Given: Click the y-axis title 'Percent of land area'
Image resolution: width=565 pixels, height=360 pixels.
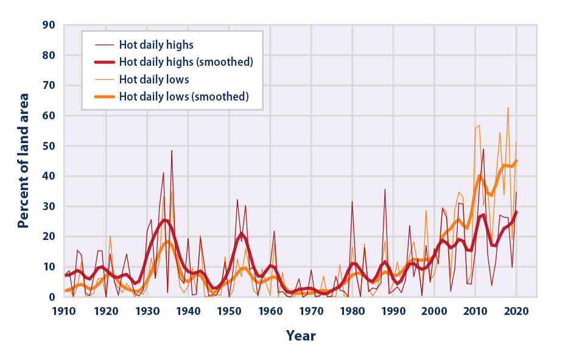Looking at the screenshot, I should (x=24, y=161).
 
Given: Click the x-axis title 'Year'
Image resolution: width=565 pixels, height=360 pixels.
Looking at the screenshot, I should (x=301, y=336).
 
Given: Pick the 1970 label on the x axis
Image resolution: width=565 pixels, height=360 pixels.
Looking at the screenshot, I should (x=311, y=311).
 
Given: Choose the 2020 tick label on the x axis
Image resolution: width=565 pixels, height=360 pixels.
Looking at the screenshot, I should (x=516, y=311).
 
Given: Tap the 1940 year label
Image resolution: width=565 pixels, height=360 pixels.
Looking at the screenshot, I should (x=188, y=311).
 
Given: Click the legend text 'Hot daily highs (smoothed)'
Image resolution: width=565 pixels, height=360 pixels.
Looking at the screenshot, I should (x=186, y=62).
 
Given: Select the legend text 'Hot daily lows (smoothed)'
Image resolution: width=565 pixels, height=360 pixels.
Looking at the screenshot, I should (x=184, y=96).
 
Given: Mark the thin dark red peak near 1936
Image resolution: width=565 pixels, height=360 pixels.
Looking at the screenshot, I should (x=172, y=150).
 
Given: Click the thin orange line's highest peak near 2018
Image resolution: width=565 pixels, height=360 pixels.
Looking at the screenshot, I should (x=508, y=107).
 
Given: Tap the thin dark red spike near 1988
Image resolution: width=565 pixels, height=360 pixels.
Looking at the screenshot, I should (x=385, y=189).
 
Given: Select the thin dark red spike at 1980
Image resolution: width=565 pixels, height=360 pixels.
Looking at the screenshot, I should (x=352, y=201).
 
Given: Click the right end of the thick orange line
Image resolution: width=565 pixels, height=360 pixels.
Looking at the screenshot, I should (x=516, y=161).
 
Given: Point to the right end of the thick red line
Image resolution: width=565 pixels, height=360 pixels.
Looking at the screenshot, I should (x=516, y=212).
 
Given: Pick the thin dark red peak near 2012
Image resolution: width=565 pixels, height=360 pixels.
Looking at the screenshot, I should (x=483, y=149).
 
